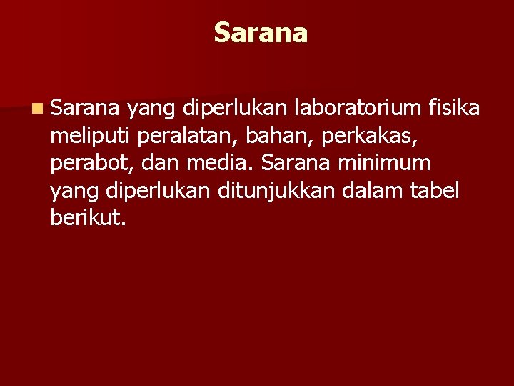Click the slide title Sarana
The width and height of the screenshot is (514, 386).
tap(261, 33)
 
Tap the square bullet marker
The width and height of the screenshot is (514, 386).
tap(36, 109)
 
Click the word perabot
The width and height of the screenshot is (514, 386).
tap(90, 164)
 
